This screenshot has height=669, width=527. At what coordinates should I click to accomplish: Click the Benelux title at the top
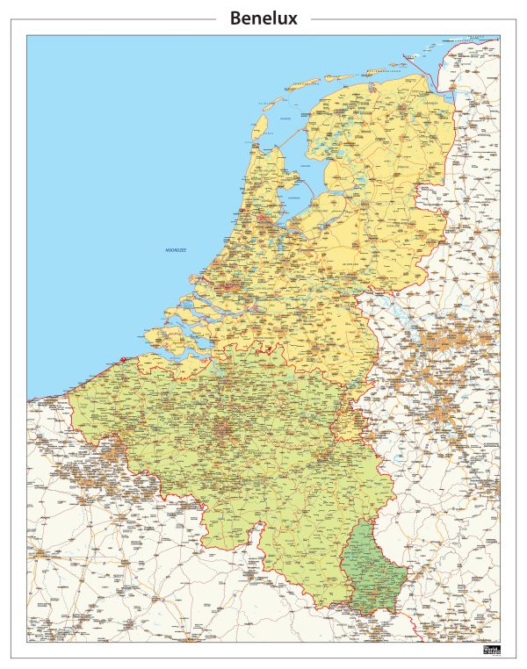[x=263, y=18]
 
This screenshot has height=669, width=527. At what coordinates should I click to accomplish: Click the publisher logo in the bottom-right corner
[x=491, y=650]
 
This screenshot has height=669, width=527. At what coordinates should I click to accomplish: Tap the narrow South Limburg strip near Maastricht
[x=351, y=413]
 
